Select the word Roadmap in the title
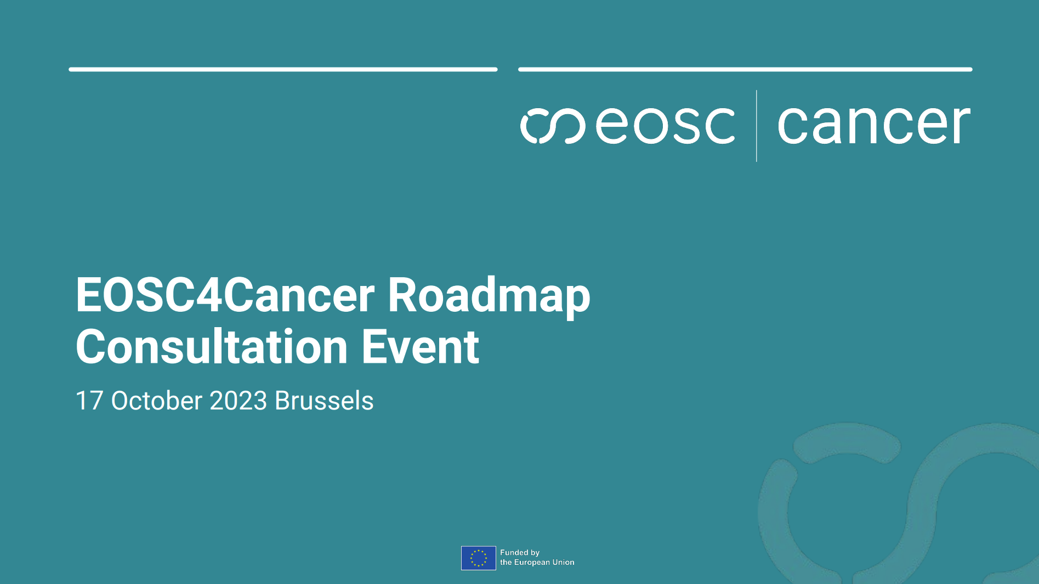coord(489,296)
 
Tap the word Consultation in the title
coord(212,347)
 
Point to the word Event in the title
coord(420,347)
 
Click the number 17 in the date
coord(89,401)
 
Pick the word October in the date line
coord(157,401)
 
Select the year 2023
coord(238,401)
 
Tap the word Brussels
coord(324,401)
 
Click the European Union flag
coord(478,558)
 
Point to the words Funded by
coord(519,553)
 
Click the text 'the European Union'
coord(537,563)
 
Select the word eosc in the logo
coord(665,126)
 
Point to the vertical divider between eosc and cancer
coord(757,126)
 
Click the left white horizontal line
coord(283,70)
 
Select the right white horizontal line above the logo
coord(745,70)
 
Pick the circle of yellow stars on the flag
coord(478,558)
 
